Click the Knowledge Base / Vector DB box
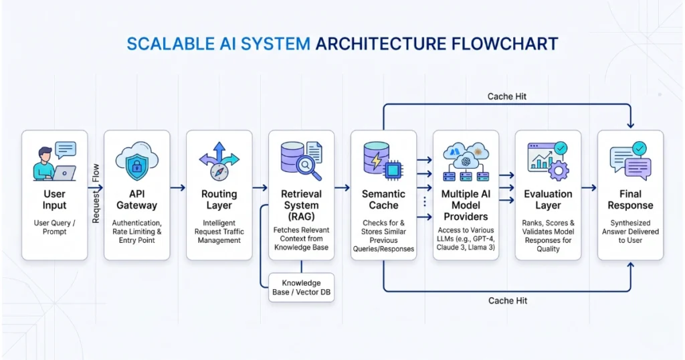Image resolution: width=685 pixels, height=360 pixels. (x=301, y=288)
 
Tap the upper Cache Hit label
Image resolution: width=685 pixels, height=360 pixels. (x=507, y=96)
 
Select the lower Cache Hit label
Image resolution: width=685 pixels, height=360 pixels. (x=507, y=300)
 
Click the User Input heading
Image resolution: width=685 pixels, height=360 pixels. (x=54, y=199)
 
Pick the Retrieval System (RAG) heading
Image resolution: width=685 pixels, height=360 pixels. (x=301, y=205)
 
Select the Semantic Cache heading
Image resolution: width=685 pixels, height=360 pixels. (x=383, y=199)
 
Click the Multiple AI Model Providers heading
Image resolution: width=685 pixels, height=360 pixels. (x=466, y=205)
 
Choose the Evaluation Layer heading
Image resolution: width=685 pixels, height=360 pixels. (x=548, y=199)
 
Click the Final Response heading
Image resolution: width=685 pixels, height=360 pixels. (x=630, y=199)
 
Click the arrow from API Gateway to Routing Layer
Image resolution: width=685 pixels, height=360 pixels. (x=177, y=188)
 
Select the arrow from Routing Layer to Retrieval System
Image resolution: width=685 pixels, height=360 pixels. (x=260, y=188)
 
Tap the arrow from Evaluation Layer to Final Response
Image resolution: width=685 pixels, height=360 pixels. (x=589, y=188)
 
